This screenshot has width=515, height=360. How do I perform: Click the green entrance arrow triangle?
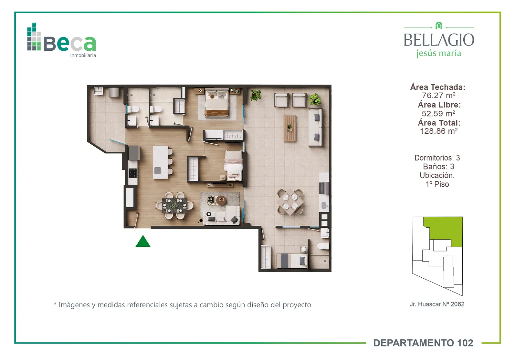point(143,242)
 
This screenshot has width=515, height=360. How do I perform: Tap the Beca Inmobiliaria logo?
point(61,40)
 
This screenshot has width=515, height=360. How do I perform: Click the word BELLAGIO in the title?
point(439,40)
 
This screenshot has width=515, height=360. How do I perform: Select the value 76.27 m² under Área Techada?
point(438,95)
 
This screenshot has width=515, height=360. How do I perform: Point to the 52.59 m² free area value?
point(438,113)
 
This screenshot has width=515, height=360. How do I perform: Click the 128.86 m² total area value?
point(438,131)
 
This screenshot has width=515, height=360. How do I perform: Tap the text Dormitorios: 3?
point(437,158)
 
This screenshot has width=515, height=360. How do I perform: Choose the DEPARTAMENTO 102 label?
point(423,343)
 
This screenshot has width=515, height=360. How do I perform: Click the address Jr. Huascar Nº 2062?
point(437,304)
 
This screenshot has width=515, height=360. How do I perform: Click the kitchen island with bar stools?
point(163,162)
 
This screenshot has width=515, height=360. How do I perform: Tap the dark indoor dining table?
point(174,205)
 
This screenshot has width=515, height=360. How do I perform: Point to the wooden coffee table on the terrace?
point(290,128)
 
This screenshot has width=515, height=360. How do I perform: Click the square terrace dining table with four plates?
point(290,202)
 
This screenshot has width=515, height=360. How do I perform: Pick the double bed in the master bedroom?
point(217,103)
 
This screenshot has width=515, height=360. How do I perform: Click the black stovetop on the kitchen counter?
point(132,173)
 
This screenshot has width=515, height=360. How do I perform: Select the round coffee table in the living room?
point(221,200)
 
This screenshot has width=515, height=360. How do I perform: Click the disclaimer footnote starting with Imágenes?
point(182,305)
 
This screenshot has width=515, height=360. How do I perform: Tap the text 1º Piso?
point(437,184)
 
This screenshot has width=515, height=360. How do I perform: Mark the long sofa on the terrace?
point(315,128)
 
